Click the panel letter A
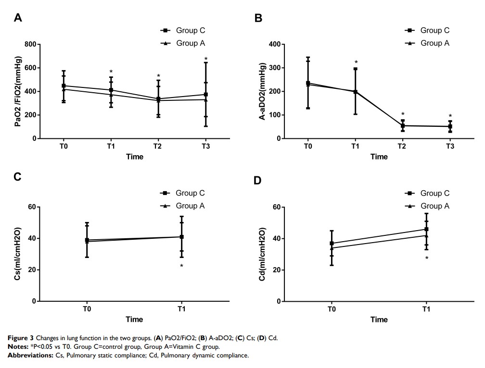18,18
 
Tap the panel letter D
257,180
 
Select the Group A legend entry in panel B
428,43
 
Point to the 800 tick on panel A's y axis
30,44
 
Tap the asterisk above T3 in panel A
206,60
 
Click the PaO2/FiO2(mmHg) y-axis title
18,91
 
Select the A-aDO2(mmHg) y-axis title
263,91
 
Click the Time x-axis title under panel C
134,319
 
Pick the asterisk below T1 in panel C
182,266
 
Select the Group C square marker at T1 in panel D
426,229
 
